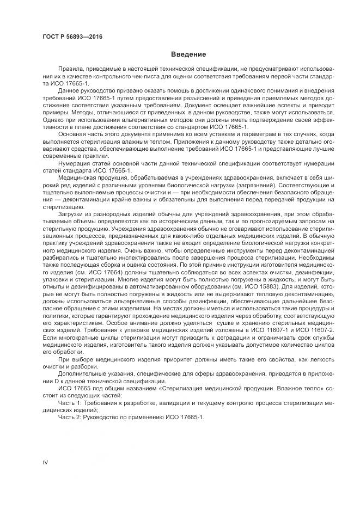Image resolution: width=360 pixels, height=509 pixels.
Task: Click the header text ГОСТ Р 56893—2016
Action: click(x=72, y=36)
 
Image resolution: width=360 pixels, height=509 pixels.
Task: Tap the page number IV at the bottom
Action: click(x=46, y=463)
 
